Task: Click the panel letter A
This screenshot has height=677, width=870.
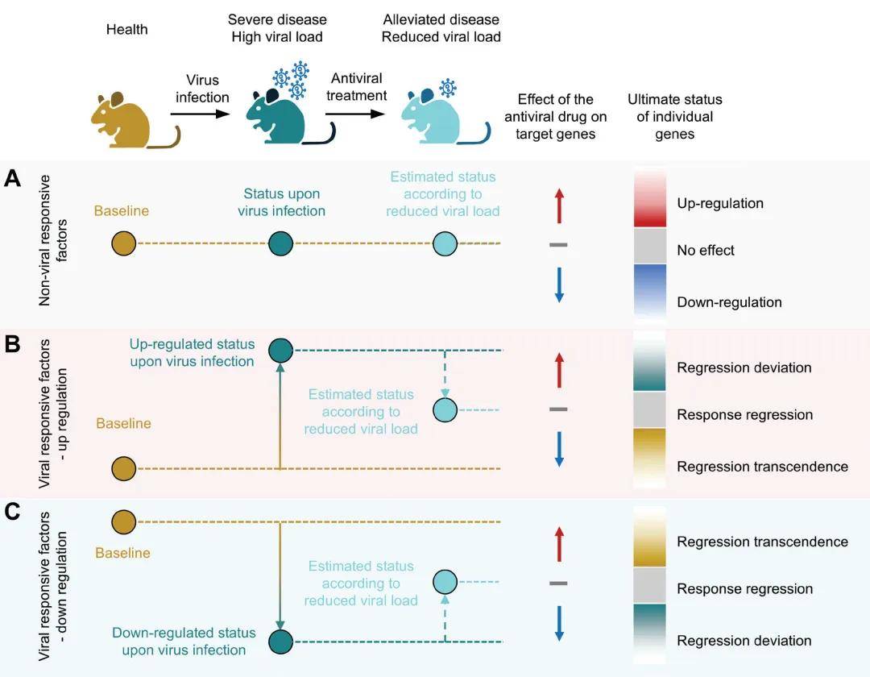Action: point(12,178)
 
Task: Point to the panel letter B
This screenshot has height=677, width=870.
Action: point(12,345)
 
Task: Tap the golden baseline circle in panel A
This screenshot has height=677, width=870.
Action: point(123,243)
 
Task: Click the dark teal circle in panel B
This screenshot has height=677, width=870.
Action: point(280,350)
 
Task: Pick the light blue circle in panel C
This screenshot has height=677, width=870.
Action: point(445,581)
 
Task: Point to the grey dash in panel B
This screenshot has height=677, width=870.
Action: point(558,409)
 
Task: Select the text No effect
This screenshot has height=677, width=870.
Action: point(706,251)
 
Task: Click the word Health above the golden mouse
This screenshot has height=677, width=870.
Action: point(127,30)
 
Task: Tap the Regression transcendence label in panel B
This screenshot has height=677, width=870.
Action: point(762,467)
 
